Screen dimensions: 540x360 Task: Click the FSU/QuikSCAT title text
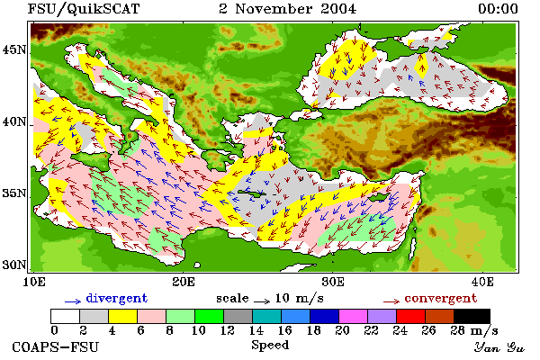click(84, 9)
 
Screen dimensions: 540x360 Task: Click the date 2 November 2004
click(288, 9)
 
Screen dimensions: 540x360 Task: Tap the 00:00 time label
click(498, 9)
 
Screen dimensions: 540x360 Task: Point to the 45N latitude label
click(14, 50)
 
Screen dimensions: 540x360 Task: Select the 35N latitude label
click(14, 193)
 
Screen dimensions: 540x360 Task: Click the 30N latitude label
click(14, 265)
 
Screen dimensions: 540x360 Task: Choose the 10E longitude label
click(34, 282)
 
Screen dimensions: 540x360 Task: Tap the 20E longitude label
click(184, 282)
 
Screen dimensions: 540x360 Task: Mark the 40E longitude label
click(482, 282)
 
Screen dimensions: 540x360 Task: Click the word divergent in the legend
click(117, 298)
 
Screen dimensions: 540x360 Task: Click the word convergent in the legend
click(441, 298)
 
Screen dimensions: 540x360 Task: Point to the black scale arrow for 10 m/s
click(262, 301)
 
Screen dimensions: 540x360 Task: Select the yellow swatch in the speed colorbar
click(123, 316)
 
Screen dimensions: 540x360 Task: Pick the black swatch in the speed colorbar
click(472, 316)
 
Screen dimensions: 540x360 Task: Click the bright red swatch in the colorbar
click(410, 316)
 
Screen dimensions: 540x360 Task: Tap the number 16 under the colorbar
click(284, 330)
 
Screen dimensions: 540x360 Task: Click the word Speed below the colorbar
click(270, 346)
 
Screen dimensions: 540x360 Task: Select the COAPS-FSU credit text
click(56, 346)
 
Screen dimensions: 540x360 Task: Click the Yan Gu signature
click(499, 347)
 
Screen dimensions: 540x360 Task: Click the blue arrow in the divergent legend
click(73, 301)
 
